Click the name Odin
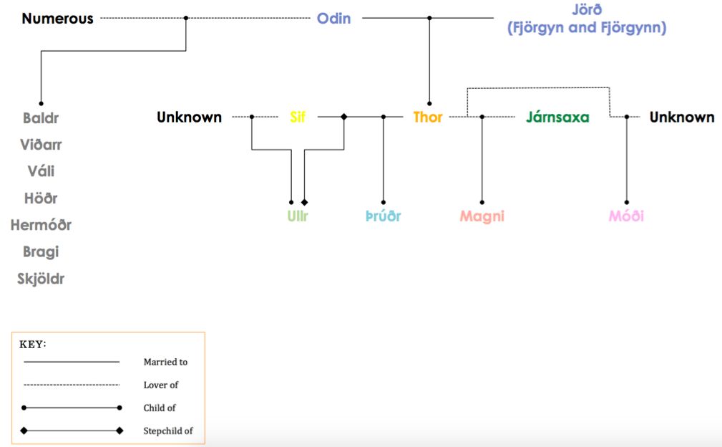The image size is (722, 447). pos(334,19)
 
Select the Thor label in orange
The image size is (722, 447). pos(428,117)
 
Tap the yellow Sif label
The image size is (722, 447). pos(298,117)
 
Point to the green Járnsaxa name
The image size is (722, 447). pos(557,117)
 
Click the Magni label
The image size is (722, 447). pos(482,216)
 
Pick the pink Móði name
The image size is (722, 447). pos(626,216)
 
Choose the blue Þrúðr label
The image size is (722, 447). pos(383,216)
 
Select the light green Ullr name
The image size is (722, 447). pos(298,216)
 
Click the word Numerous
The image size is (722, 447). pos(57,19)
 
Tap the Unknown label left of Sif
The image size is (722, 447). pos(189,117)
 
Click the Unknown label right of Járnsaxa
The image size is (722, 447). pos(682,117)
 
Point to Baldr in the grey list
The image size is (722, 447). pos(41,118)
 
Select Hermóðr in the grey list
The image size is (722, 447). pos(41,225)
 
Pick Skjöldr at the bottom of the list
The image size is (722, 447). pos(41,279)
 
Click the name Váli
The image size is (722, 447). pos(41,171)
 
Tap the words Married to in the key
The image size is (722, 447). pos(166,362)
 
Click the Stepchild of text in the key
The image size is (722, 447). pos(168,431)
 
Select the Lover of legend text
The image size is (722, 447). pos(161,385)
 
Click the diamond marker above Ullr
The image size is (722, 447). pos(304,202)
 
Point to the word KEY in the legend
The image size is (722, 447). pos(31,345)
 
